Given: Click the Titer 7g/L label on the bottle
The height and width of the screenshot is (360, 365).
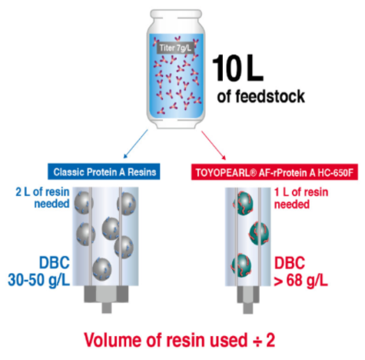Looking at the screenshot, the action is pos(175,48).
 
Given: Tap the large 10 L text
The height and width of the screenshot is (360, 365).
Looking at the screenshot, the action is pos(238,68).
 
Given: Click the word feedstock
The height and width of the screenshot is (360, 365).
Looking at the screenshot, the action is pos(270,96).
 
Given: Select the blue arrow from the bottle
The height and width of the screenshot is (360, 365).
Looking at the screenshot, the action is pos(135,144).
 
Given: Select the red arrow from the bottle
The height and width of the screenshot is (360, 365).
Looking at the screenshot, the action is pos(214,145).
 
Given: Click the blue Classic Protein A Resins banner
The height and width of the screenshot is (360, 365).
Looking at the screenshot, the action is pos(104,172).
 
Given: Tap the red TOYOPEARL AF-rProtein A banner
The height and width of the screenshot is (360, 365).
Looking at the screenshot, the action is pos(274,172).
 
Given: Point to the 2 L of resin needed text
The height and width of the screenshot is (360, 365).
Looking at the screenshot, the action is pos(43,198).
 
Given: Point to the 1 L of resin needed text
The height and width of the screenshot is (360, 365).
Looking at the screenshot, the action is pos(301,198).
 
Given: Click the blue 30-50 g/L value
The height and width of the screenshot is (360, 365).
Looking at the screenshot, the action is pos(39,280).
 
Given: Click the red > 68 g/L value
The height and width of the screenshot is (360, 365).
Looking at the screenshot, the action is pos(300,281).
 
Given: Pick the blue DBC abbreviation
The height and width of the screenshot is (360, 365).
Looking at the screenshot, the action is pos(55,262).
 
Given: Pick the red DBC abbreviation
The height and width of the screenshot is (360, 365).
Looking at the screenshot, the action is pos(290,263).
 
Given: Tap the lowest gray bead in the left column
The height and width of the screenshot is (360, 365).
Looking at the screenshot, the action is pos(101,269).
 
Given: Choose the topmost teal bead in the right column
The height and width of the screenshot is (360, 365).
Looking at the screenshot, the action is pos(244,204).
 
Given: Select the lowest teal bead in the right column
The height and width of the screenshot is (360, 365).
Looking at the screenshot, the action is pos(241,265).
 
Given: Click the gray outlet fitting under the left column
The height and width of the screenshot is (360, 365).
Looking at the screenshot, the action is pos(106,299).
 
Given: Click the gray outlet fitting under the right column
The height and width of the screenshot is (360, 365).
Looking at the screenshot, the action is pos(248,299).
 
